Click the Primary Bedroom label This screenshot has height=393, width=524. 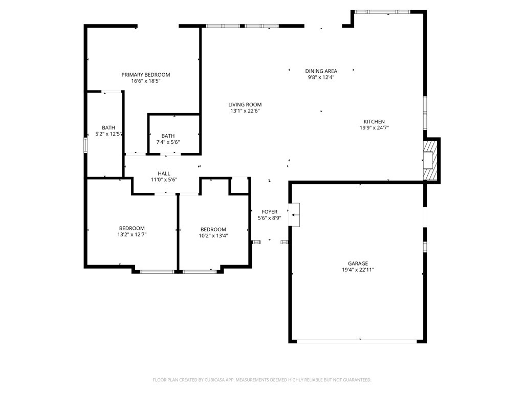[146, 75]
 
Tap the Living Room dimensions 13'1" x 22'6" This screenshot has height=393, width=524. [245, 111]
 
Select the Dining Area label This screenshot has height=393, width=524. [321, 71]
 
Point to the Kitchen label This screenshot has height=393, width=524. [374, 122]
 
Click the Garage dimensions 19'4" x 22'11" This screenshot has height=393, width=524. [358, 270]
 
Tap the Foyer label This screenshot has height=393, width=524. [269, 212]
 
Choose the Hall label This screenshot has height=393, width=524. [164, 173]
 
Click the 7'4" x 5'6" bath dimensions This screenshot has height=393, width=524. [168, 142]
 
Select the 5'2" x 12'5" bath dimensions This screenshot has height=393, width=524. [108, 134]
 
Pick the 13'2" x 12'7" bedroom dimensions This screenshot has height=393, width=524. [132, 234]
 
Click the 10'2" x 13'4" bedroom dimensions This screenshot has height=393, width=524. [213, 235]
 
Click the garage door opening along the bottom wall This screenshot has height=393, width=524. [357, 341]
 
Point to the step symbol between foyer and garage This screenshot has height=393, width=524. [294, 215]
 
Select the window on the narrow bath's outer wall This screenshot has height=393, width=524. [85, 146]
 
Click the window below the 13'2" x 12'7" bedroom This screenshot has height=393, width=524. [157, 272]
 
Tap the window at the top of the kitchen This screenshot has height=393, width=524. [382, 12]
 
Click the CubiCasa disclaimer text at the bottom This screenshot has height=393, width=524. [262, 380]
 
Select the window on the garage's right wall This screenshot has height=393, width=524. [425, 246]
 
